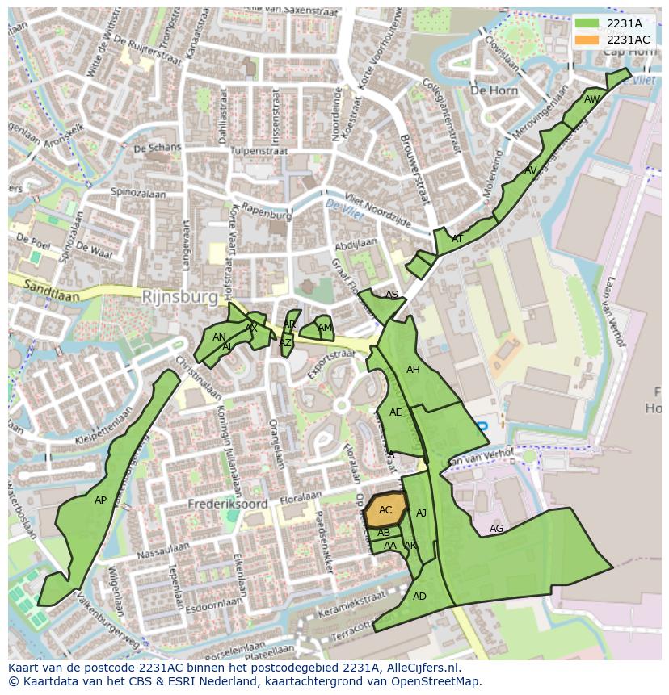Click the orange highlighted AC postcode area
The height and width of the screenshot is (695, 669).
[385, 510]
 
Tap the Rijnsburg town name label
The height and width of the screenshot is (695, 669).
[179, 297]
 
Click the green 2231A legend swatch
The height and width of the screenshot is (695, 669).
[587, 24]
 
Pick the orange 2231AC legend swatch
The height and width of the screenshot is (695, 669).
[587, 40]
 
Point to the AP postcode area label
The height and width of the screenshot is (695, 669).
[100, 500]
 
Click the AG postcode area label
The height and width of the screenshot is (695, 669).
[496, 529]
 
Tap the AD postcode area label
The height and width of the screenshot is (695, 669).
[419, 597]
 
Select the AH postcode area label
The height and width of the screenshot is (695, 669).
[413, 370]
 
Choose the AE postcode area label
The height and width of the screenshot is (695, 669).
[395, 412]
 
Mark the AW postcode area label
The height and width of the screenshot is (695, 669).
[591, 99]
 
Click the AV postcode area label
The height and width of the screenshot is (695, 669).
[530, 170]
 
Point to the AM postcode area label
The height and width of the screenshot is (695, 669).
[324, 328]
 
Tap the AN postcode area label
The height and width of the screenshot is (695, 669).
[219, 337]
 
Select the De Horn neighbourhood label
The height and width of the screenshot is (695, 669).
[494, 90]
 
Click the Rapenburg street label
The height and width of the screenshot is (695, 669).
[267, 216]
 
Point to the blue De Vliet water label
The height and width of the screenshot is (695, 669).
[340, 207]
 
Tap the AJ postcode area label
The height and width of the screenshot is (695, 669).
[421, 513]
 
